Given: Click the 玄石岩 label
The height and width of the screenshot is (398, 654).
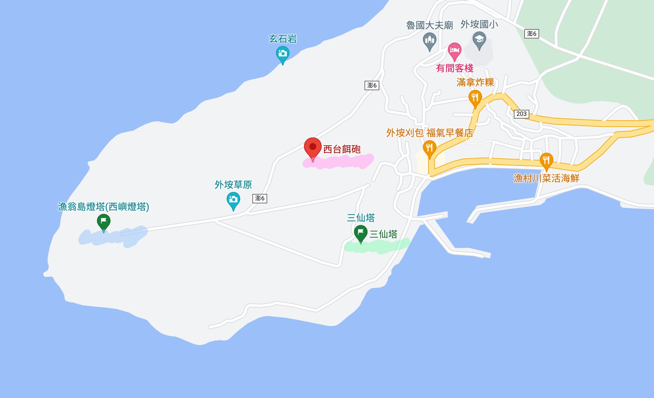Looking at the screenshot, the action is (283, 39).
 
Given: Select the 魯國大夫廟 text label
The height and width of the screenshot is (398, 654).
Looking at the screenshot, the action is (429, 25).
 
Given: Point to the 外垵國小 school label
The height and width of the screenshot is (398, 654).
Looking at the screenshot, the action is (479, 24).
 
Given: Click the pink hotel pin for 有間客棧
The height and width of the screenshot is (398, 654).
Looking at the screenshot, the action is (454, 51).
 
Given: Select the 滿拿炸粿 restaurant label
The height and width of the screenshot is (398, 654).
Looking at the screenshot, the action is (475, 82).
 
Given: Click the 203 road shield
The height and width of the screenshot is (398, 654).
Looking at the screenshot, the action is (521, 114).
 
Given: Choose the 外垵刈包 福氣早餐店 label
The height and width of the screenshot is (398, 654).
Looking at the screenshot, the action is (429, 133).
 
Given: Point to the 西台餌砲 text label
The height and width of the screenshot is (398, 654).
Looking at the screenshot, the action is (342, 149).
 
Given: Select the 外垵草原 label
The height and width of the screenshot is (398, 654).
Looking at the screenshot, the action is (233, 184).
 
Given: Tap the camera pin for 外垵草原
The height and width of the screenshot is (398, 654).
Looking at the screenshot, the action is (233, 200).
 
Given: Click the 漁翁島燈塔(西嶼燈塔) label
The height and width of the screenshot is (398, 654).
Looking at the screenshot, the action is (103, 206).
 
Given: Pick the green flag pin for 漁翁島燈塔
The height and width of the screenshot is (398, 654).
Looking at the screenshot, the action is (103, 222).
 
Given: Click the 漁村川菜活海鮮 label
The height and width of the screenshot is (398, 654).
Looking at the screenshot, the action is (546, 178).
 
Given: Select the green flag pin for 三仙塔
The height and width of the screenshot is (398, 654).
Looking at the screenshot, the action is (360, 233).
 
